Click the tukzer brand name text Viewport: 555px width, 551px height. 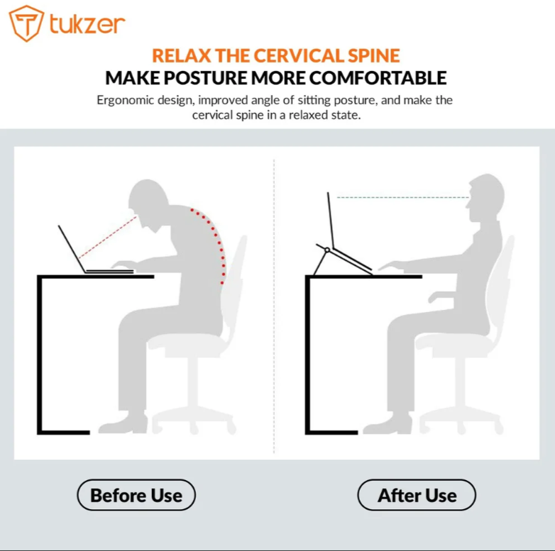click(87, 24)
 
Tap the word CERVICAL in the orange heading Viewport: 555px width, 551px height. click(300, 55)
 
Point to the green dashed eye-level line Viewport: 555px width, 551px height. click(402, 197)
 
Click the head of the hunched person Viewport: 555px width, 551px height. click(150, 202)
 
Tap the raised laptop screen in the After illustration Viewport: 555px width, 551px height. click(330, 220)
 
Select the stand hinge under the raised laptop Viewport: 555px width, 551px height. click(326, 250)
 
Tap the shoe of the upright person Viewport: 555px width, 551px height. click(387, 425)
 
